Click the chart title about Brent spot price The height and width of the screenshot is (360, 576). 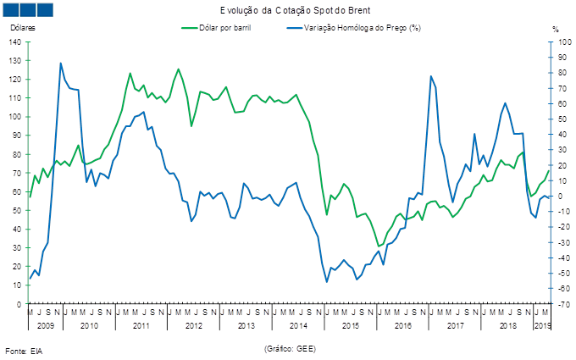click(x=289, y=9)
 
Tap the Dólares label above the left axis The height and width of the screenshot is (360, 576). click(x=20, y=29)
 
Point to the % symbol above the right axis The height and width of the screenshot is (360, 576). click(x=555, y=29)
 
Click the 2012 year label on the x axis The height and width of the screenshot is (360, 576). click(x=193, y=324)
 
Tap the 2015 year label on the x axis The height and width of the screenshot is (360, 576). click(x=350, y=324)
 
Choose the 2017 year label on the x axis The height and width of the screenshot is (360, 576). click(x=455, y=324)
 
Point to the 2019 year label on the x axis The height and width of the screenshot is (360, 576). click(x=542, y=324)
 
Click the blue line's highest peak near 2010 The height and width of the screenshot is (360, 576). click(x=60, y=62)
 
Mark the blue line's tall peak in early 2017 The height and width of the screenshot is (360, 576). click(x=431, y=76)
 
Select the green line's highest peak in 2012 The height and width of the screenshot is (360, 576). click(x=179, y=69)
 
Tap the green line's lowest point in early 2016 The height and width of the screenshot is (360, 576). click(x=379, y=246)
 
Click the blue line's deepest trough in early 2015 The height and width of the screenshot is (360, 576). click(x=327, y=281)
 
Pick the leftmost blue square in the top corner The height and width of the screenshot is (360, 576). click(x=11, y=9)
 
